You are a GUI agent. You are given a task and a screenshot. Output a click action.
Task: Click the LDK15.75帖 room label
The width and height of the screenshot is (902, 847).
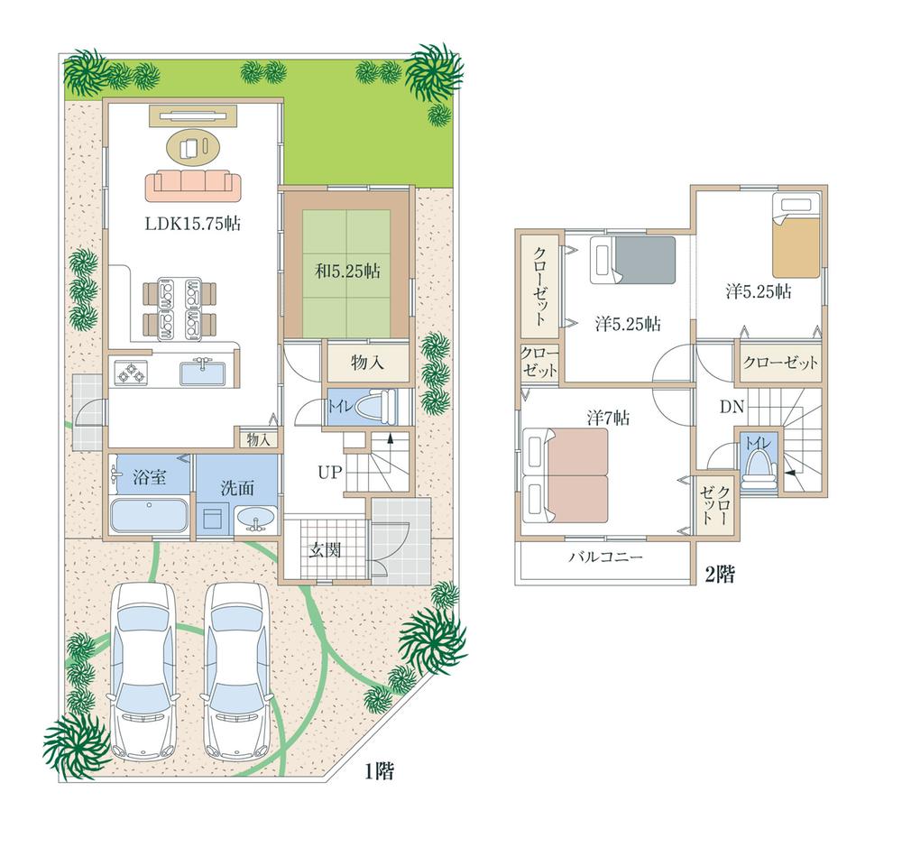tap(192, 223)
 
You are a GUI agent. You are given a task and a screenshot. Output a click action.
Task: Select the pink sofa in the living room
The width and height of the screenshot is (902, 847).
tap(193, 185)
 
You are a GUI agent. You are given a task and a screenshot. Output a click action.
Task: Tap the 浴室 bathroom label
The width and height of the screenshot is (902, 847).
tap(149, 477)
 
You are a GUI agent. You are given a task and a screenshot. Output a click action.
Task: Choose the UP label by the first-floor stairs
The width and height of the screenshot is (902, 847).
tap(328, 471)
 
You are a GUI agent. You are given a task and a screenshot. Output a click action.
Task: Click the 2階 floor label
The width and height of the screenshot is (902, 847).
tap(719, 575)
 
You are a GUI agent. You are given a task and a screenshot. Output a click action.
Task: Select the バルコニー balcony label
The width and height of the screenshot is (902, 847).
tap(605, 557)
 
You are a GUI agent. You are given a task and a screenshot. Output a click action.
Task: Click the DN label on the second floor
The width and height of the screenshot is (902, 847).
tap(731, 407)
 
